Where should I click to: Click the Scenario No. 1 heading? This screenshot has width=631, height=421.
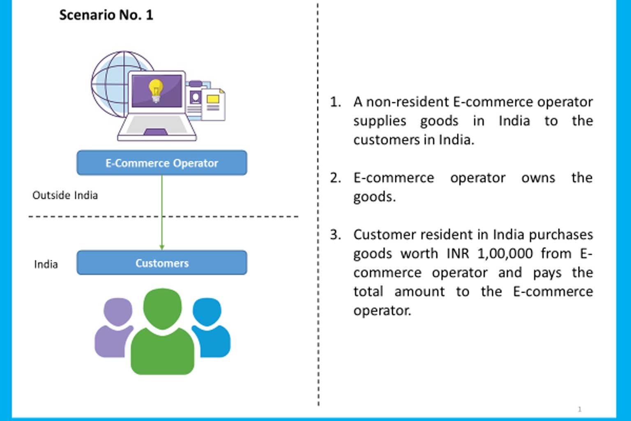106,15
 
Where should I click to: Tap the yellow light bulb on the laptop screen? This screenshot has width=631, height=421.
156,90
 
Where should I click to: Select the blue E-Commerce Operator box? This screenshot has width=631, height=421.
162,163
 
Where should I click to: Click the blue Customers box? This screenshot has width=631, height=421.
162,263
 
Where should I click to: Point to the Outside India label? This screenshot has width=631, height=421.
65,195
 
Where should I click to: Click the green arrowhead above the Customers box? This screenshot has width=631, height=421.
162,247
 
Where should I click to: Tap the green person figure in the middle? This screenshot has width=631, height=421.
163,333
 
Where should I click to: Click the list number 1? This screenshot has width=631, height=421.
335,102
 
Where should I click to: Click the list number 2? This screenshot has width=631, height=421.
335,178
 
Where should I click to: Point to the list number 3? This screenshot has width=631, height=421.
335,235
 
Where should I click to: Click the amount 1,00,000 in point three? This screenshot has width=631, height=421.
505,254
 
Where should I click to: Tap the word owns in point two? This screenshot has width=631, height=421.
538,178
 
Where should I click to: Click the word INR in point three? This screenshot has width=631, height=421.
458,254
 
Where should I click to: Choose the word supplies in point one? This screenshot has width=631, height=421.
379,121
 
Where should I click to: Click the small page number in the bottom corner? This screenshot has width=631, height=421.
580,409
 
